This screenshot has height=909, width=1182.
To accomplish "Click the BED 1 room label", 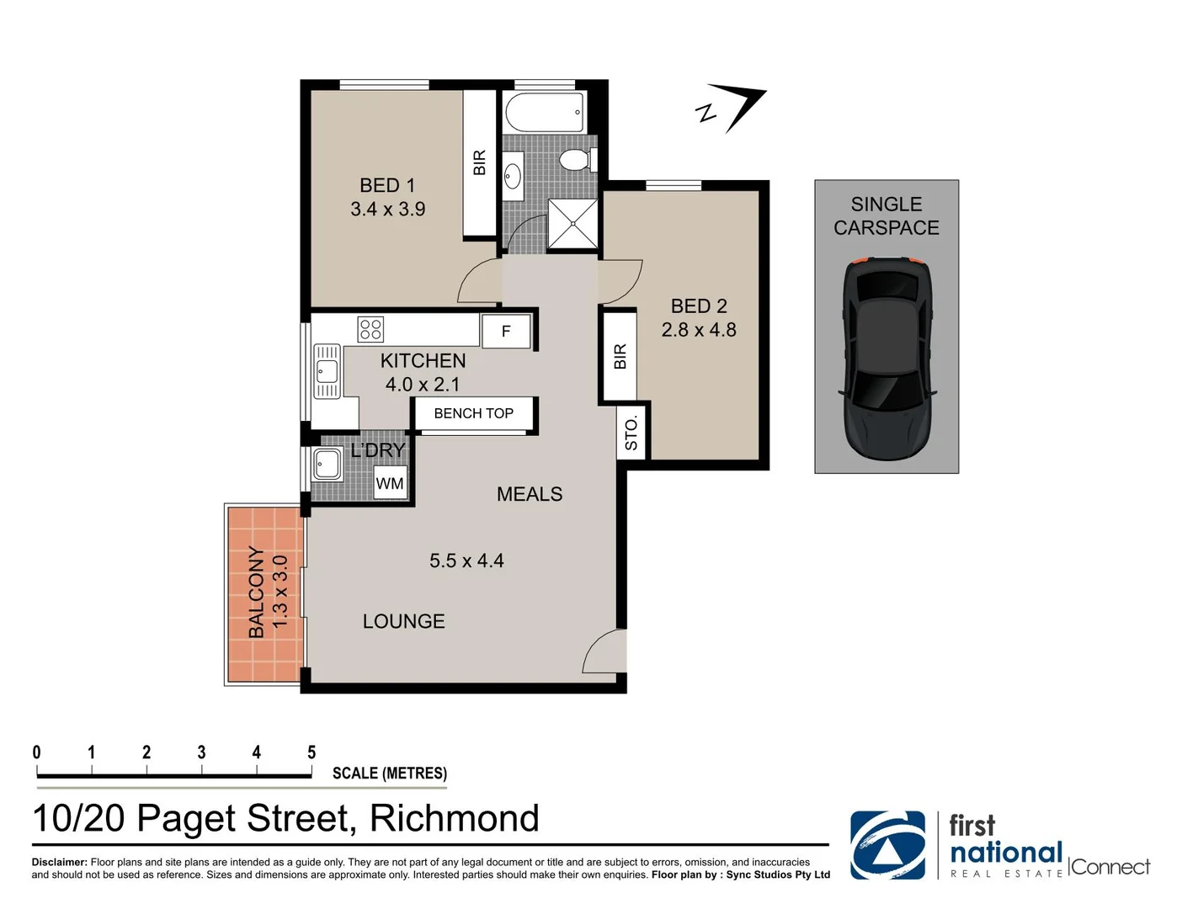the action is [387, 185].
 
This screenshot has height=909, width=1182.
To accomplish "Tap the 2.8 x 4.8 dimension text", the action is [699, 329].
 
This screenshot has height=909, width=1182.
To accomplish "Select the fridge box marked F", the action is [506, 331].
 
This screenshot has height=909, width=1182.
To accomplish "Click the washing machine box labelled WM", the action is [390, 482].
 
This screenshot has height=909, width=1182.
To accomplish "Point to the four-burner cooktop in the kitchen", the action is [370, 329].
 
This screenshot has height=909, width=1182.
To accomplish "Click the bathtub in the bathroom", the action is [545, 113].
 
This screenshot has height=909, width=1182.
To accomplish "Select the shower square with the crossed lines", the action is [572, 223].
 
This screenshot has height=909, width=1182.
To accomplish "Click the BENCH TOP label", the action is [474, 413].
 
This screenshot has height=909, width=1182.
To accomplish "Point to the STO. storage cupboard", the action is [631, 433].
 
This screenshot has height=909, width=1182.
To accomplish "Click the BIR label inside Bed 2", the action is [620, 356].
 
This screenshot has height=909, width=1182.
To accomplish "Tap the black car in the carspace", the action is [886, 359].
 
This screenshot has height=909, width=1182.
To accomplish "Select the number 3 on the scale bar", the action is [202, 752].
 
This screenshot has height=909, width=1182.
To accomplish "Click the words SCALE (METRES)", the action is [390, 773].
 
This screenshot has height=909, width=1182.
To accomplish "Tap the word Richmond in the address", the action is [455, 818].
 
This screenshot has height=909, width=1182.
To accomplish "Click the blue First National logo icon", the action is [887, 845].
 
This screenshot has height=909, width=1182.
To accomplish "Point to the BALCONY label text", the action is [256, 592].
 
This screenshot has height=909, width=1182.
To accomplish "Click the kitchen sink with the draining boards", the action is [327, 371].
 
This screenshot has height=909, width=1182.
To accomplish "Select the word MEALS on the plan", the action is [530, 494].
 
